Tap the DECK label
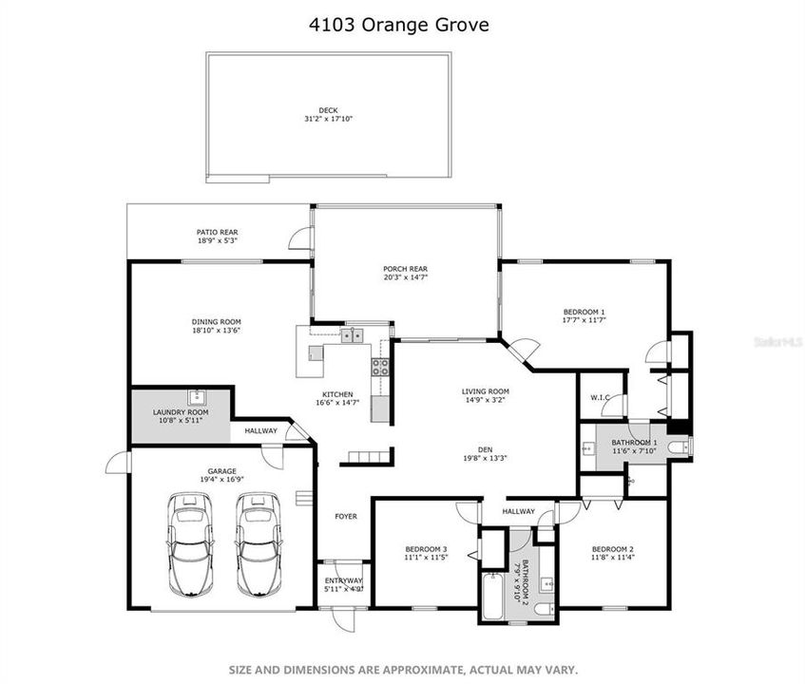[328, 110]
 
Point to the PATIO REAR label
[217, 232]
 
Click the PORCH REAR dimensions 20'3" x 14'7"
[405, 277]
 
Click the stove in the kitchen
[379, 367]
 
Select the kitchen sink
[352, 334]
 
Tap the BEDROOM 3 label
[426, 550]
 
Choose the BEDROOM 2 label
[612, 550]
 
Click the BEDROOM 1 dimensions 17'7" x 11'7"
[584, 321]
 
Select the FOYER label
[345, 517]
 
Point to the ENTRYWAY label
[344, 580]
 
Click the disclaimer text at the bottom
[402, 669]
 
